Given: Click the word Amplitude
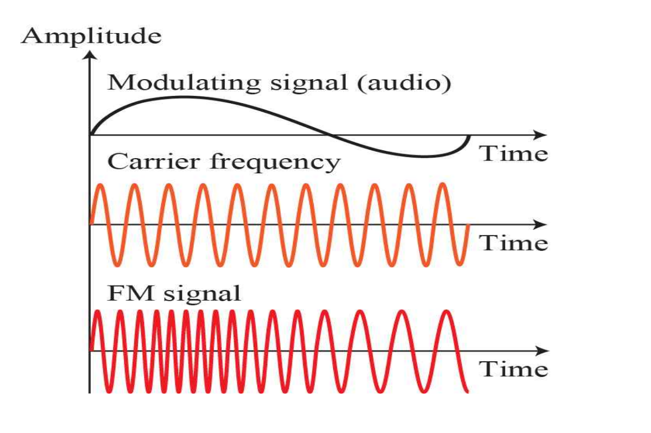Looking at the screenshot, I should (x=91, y=36).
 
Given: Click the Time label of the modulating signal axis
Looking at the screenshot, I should (x=514, y=153).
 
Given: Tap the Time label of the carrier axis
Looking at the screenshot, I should (x=514, y=243).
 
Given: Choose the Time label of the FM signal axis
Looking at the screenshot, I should (x=514, y=369).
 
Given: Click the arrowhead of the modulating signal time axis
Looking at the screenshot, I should (x=540, y=135).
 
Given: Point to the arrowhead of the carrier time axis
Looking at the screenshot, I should (x=540, y=224).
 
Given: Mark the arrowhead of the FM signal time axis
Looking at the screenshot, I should (x=540, y=351).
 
